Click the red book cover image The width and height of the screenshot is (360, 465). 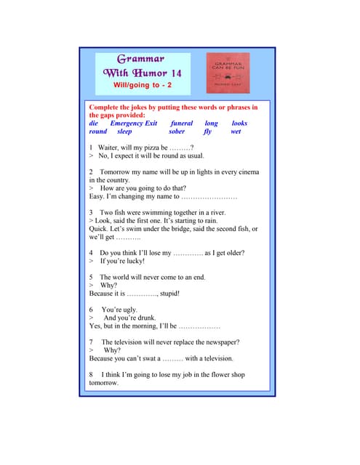point(228,73)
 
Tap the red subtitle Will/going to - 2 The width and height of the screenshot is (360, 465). point(143,85)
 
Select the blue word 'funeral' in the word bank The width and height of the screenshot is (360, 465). point(181,124)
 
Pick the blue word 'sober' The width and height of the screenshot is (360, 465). point(177,132)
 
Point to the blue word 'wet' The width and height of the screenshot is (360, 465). point(236,132)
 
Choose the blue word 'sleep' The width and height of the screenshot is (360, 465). point(124,132)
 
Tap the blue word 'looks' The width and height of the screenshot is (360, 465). point(239,124)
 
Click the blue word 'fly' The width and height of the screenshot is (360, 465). point(208,132)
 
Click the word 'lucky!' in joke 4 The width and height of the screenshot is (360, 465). point(132,261)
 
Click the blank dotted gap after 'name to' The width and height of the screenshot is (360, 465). point(209,196)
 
